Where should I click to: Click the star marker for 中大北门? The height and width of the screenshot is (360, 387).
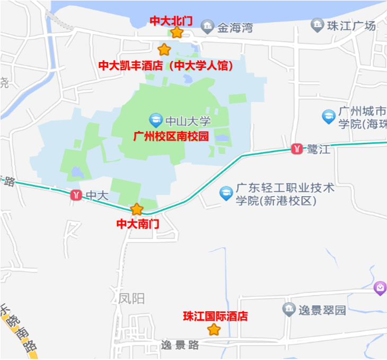(x=177, y=32)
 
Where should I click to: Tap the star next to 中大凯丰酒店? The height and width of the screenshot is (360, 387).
(x=164, y=50)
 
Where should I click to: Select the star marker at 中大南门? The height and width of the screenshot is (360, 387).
(x=137, y=209)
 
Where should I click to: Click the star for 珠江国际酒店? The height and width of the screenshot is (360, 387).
(x=214, y=330)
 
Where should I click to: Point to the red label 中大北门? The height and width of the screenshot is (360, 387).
(x=171, y=20)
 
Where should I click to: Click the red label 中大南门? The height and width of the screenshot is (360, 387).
(x=138, y=224)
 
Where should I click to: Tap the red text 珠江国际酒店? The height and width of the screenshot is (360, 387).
(x=215, y=317)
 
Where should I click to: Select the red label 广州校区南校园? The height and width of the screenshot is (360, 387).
(x=171, y=136)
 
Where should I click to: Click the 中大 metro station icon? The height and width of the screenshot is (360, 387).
(x=76, y=195)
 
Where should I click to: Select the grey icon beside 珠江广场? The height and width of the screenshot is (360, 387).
(x=317, y=25)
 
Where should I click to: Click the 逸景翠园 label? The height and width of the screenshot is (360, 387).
(x=322, y=310)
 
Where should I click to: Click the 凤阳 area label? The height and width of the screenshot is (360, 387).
(x=131, y=298)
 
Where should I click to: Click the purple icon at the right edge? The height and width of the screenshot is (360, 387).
(x=380, y=288)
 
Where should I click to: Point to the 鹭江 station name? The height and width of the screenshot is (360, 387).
(x=318, y=150)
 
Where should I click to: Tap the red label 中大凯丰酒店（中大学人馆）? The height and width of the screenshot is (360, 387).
(x=166, y=65)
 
